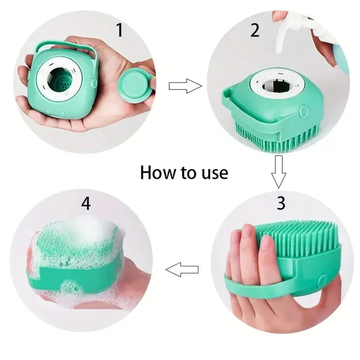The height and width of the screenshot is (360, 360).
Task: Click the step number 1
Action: tap(119, 31)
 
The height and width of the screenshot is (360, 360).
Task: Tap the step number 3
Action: tap(280, 203)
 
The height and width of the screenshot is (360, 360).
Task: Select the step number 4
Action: tap(86, 203)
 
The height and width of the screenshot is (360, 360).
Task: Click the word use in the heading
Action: tap(213, 172)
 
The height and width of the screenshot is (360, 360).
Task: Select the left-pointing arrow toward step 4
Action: tap(182, 270)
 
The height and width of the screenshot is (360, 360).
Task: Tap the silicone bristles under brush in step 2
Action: tap(270, 137)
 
